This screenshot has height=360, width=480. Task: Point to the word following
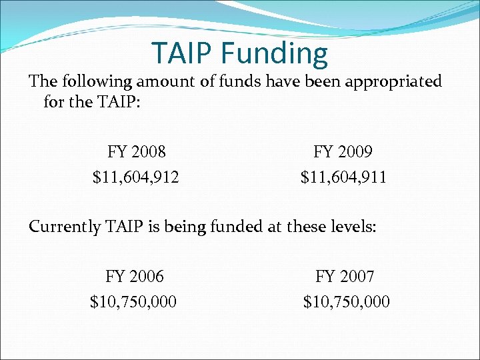point(97,82)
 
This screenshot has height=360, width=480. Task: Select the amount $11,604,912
point(136,178)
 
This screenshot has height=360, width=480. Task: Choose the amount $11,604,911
point(343,178)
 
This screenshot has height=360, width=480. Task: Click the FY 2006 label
point(134,276)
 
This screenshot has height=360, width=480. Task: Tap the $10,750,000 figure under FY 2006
point(133,303)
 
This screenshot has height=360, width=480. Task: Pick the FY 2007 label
point(345,276)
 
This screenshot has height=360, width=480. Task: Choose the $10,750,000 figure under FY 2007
point(347,303)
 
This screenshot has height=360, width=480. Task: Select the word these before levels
point(306,226)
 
